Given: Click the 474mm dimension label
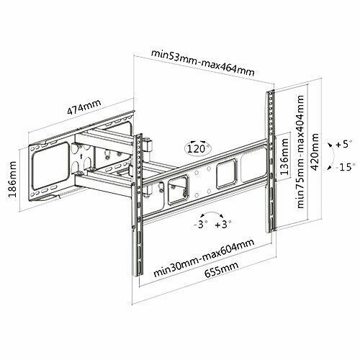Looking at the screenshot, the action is click(x=84, y=107).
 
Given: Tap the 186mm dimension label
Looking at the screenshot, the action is click(x=12, y=179).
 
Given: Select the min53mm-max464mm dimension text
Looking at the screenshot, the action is click(x=203, y=63).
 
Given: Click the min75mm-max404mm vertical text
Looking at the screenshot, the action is click(x=300, y=152).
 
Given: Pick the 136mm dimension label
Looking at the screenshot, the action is click(x=284, y=157).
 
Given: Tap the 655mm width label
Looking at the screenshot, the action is click(x=221, y=269).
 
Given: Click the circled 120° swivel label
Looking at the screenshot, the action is click(x=198, y=149).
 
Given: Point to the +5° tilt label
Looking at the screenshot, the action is click(x=344, y=144).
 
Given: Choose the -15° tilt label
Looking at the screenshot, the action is click(x=345, y=166).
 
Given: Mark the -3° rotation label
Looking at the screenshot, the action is click(x=200, y=225).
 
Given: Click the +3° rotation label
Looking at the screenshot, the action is click(x=223, y=225).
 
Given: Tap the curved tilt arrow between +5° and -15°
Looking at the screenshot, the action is click(x=333, y=156).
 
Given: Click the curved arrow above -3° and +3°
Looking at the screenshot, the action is click(x=212, y=212).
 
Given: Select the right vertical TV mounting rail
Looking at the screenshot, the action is click(x=271, y=161).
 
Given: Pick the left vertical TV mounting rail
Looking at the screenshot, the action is click(x=138, y=205).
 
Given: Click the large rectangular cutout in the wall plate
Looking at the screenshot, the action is click(x=51, y=166).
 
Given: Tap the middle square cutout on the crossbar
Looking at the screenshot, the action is click(x=226, y=174).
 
